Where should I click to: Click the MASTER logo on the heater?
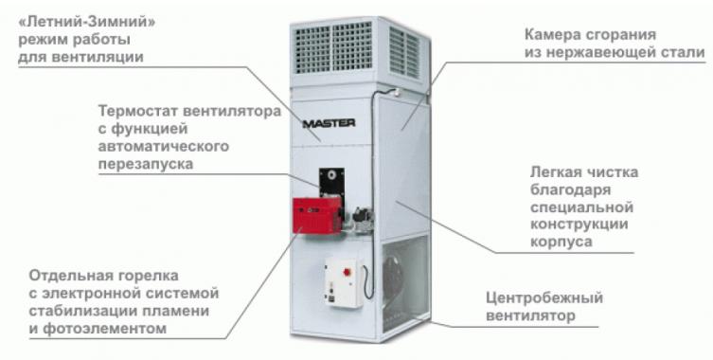pyautogui.click(x=328, y=122)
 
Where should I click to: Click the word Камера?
pyautogui.click(x=552, y=35)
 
